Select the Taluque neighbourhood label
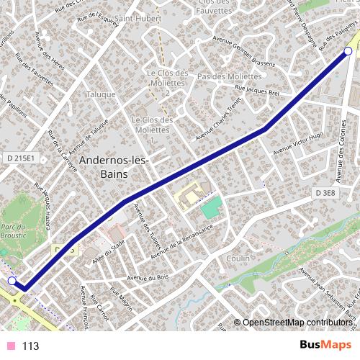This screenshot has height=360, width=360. coord(100,94)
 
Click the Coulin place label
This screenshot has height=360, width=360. coord(238,258)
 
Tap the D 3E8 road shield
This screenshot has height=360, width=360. coord(325,193)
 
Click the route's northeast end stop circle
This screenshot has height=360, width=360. coord(348,51)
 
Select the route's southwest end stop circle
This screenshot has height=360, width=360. coord(12,281)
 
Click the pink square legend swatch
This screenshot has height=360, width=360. coord(11,346)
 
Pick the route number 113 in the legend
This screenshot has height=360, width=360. coord(30,346)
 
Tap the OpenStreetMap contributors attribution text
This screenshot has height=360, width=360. coord(297,323)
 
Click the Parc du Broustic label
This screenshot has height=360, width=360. coord(14,232)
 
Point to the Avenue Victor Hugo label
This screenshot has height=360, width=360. coord(299,141)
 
